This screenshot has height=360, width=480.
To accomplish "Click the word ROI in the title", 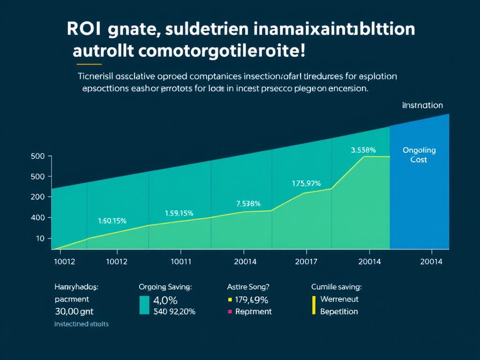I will tap(83, 29).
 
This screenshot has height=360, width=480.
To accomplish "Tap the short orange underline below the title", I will tap(89, 63).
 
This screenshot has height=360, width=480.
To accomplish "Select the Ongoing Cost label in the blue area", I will tap(419, 155).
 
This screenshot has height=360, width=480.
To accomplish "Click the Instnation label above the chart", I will tap(422, 105).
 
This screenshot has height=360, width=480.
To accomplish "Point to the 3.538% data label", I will tap(363, 150).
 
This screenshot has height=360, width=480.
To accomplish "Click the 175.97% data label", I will tap(306, 183).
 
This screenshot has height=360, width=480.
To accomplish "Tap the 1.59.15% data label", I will tap(179, 213).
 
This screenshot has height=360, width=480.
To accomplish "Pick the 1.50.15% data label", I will tap(112, 220).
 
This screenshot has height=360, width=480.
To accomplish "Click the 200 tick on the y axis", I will tap(38, 197).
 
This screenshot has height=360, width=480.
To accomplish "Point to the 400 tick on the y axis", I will tap(38, 217).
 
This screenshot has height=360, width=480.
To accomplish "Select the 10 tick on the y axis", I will tap(40, 239).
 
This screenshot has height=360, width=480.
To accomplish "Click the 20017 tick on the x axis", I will tap(307, 262).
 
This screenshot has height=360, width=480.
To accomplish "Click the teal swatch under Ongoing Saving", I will tap(144, 305).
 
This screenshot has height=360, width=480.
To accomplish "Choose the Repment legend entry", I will tap(253, 311).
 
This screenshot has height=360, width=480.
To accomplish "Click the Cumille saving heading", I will tap(336, 286).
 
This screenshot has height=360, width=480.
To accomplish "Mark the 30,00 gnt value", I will tap(75, 311).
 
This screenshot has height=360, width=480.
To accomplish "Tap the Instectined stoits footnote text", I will tap(81, 324).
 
